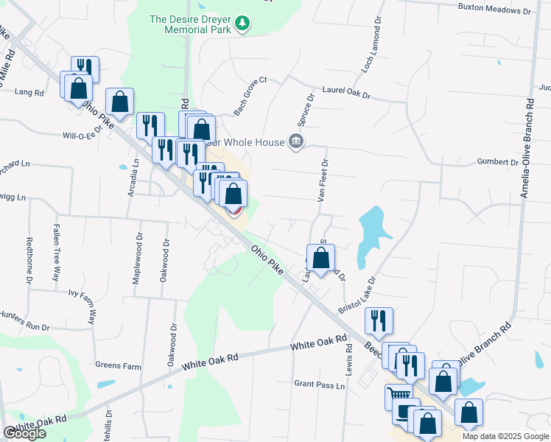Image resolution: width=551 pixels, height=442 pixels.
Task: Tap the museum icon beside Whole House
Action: [296, 141]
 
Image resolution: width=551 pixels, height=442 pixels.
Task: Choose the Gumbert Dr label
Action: [498, 162]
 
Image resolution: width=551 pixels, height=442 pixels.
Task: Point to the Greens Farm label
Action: [117, 365]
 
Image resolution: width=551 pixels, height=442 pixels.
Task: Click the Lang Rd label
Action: [29, 93]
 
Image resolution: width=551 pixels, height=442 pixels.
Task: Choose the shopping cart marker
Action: [399, 396]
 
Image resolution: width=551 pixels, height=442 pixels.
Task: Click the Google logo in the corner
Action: [24, 433]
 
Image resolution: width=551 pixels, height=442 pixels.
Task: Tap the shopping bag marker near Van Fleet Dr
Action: [320, 258]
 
